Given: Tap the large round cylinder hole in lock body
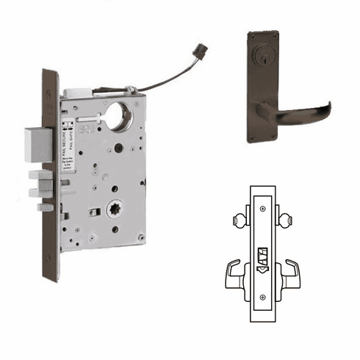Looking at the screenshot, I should (116, 118).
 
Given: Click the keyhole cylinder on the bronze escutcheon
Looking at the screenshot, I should (263, 57).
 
